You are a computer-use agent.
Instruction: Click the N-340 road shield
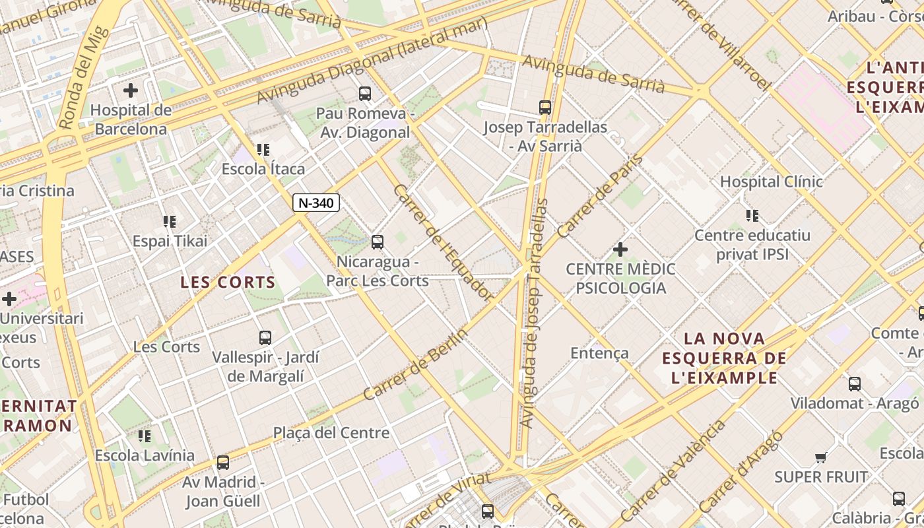pyautogui.click(x=316, y=203)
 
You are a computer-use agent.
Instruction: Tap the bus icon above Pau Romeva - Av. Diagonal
pyautogui.click(x=365, y=94)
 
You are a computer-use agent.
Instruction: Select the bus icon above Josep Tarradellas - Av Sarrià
pyautogui.click(x=545, y=107)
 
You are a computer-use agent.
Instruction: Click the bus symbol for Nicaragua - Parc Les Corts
pyautogui.click(x=378, y=242)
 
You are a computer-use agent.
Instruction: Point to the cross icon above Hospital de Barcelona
pyautogui.click(x=131, y=90)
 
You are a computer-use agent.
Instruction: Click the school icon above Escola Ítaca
pyautogui.click(x=263, y=150)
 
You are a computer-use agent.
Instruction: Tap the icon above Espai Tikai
pyautogui.click(x=170, y=222)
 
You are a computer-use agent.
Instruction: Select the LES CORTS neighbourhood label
pyautogui.click(x=228, y=282)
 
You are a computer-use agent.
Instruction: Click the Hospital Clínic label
pyautogui.click(x=771, y=181)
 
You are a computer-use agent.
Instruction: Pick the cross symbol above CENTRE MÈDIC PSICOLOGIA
pyautogui.click(x=620, y=249)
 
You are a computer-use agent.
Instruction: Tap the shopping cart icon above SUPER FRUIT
pyautogui.click(x=820, y=457)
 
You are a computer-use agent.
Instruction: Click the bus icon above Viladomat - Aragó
pyautogui.click(x=855, y=383)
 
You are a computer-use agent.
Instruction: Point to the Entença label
pyautogui.click(x=599, y=353)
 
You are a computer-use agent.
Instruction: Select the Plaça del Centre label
pyautogui.click(x=331, y=433)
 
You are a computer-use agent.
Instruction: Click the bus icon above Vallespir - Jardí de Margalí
pyautogui.click(x=265, y=338)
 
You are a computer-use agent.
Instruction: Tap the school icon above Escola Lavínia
pyautogui.click(x=145, y=436)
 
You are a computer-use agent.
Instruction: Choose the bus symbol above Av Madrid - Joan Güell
pyautogui.click(x=223, y=462)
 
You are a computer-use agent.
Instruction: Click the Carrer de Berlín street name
pyautogui.click(x=416, y=364)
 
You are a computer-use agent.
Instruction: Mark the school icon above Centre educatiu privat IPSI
pyautogui.click(x=752, y=215)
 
